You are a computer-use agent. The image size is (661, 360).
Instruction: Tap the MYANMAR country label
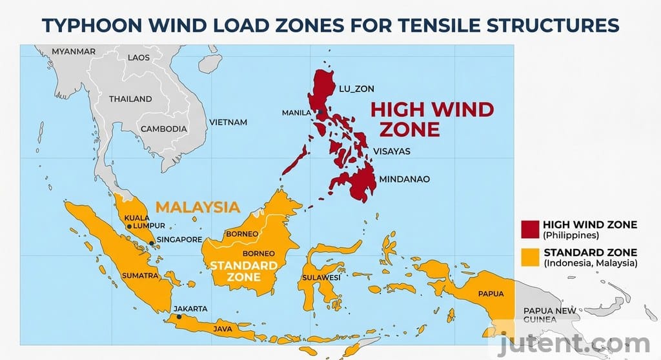(74, 51)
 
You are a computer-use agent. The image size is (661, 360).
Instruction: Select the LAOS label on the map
(139, 57)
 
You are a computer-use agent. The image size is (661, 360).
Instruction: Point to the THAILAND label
(130, 99)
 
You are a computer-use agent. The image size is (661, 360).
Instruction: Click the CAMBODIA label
(164, 128)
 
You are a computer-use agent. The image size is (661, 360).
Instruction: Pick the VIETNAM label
(229, 122)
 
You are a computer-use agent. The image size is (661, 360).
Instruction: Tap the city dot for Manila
(319, 113)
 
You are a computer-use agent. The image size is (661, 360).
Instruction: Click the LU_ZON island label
(356, 88)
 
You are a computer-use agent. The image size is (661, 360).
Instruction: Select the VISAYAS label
(391, 152)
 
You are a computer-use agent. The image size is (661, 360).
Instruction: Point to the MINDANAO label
(405, 179)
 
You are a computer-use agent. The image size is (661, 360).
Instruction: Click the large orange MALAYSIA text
(198, 207)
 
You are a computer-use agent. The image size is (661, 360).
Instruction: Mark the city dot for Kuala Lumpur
(129, 226)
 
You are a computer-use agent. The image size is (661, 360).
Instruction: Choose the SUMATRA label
(139, 275)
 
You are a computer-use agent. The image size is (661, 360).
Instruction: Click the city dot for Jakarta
(179, 316)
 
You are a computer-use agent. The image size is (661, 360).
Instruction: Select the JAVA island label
(221, 329)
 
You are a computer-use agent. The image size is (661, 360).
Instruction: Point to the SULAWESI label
(320, 277)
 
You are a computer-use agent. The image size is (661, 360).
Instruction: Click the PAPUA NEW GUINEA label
(549, 314)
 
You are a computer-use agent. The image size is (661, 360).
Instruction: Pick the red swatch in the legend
(530, 229)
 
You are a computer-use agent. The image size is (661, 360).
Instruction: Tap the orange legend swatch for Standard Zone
(530, 257)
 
